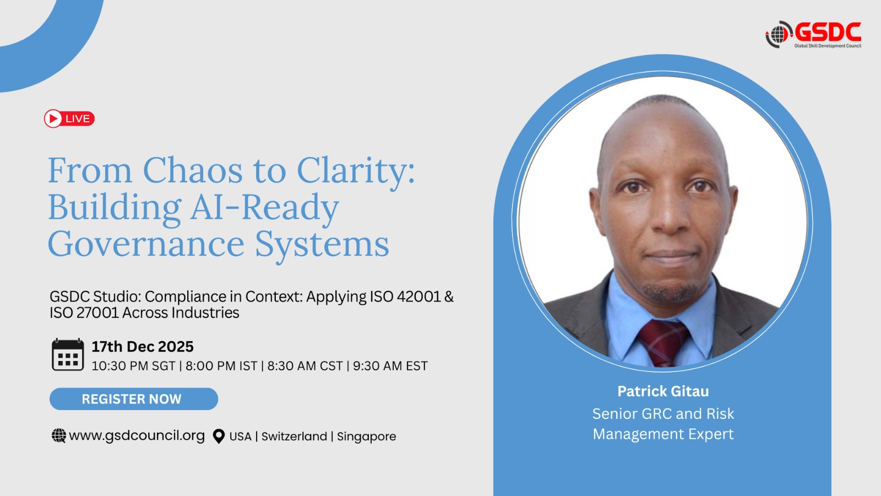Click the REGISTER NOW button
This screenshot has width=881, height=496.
point(134,399)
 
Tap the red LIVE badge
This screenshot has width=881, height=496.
point(69,118)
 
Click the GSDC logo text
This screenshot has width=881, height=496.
point(828,32)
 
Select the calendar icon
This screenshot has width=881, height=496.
point(68,354)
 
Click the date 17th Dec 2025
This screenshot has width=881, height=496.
point(143,347)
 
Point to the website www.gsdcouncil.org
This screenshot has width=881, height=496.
point(137,435)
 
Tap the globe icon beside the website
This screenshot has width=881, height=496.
point(58,436)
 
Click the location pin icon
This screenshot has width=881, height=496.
point(219,436)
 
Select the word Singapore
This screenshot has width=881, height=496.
point(367,436)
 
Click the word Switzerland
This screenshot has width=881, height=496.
point(294,436)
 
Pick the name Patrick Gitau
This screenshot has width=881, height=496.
point(663,391)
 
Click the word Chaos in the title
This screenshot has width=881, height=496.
point(193,170)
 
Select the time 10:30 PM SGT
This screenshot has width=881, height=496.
point(133,366)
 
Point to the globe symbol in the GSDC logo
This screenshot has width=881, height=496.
point(777,35)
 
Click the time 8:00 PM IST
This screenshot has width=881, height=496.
point(221,366)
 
